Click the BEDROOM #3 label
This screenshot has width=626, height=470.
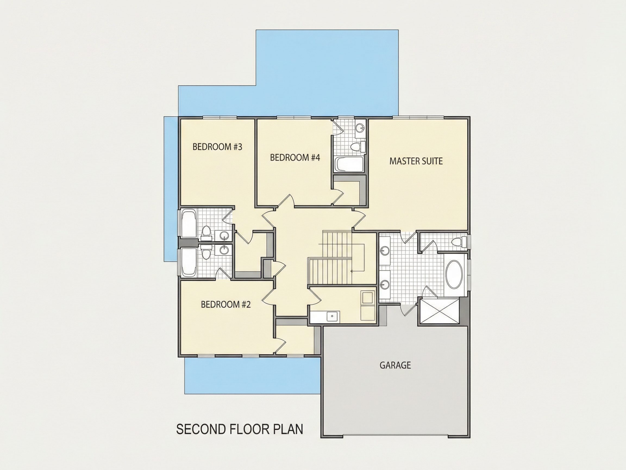tap(217, 147)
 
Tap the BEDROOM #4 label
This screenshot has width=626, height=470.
tap(295, 157)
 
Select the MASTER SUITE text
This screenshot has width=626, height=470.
tap(416, 161)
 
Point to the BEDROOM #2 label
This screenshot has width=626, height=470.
tap(226, 304)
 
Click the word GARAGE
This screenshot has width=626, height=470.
tap(395, 365)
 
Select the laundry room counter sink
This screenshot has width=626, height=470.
tap(332, 316)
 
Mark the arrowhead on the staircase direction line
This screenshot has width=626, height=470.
tap(352, 271)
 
